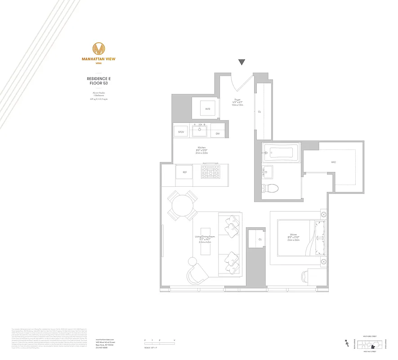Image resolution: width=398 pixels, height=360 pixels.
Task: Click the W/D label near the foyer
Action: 207,109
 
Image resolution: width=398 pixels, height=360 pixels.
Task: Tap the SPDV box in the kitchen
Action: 181,132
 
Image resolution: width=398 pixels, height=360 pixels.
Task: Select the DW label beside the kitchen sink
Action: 217,134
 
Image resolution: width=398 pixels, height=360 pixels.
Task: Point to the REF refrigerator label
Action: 184,172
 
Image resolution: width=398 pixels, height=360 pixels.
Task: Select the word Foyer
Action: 237,99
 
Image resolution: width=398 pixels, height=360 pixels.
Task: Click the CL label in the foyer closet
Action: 259,112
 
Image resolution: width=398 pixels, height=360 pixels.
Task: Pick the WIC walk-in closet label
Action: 333,162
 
